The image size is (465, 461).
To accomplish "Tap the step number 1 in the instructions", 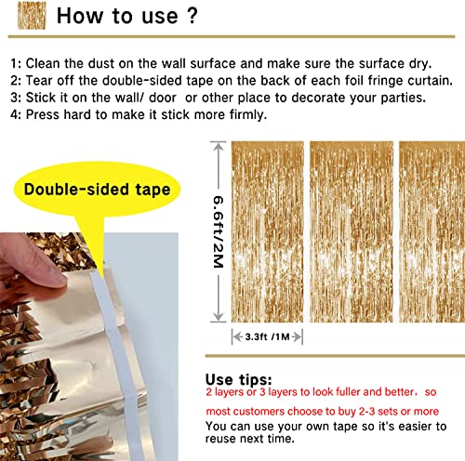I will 14,64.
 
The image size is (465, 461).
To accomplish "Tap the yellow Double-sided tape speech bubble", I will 97,191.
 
